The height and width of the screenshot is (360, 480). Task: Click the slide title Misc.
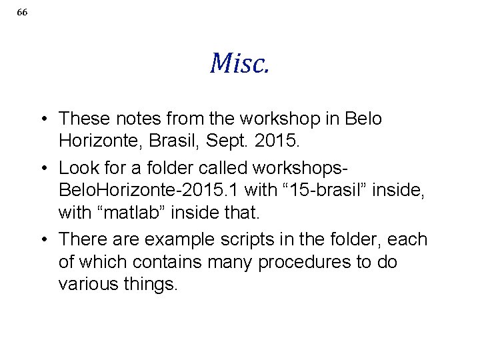239,63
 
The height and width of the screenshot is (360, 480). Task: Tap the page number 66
22,13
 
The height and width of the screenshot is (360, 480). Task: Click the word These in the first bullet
83,119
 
